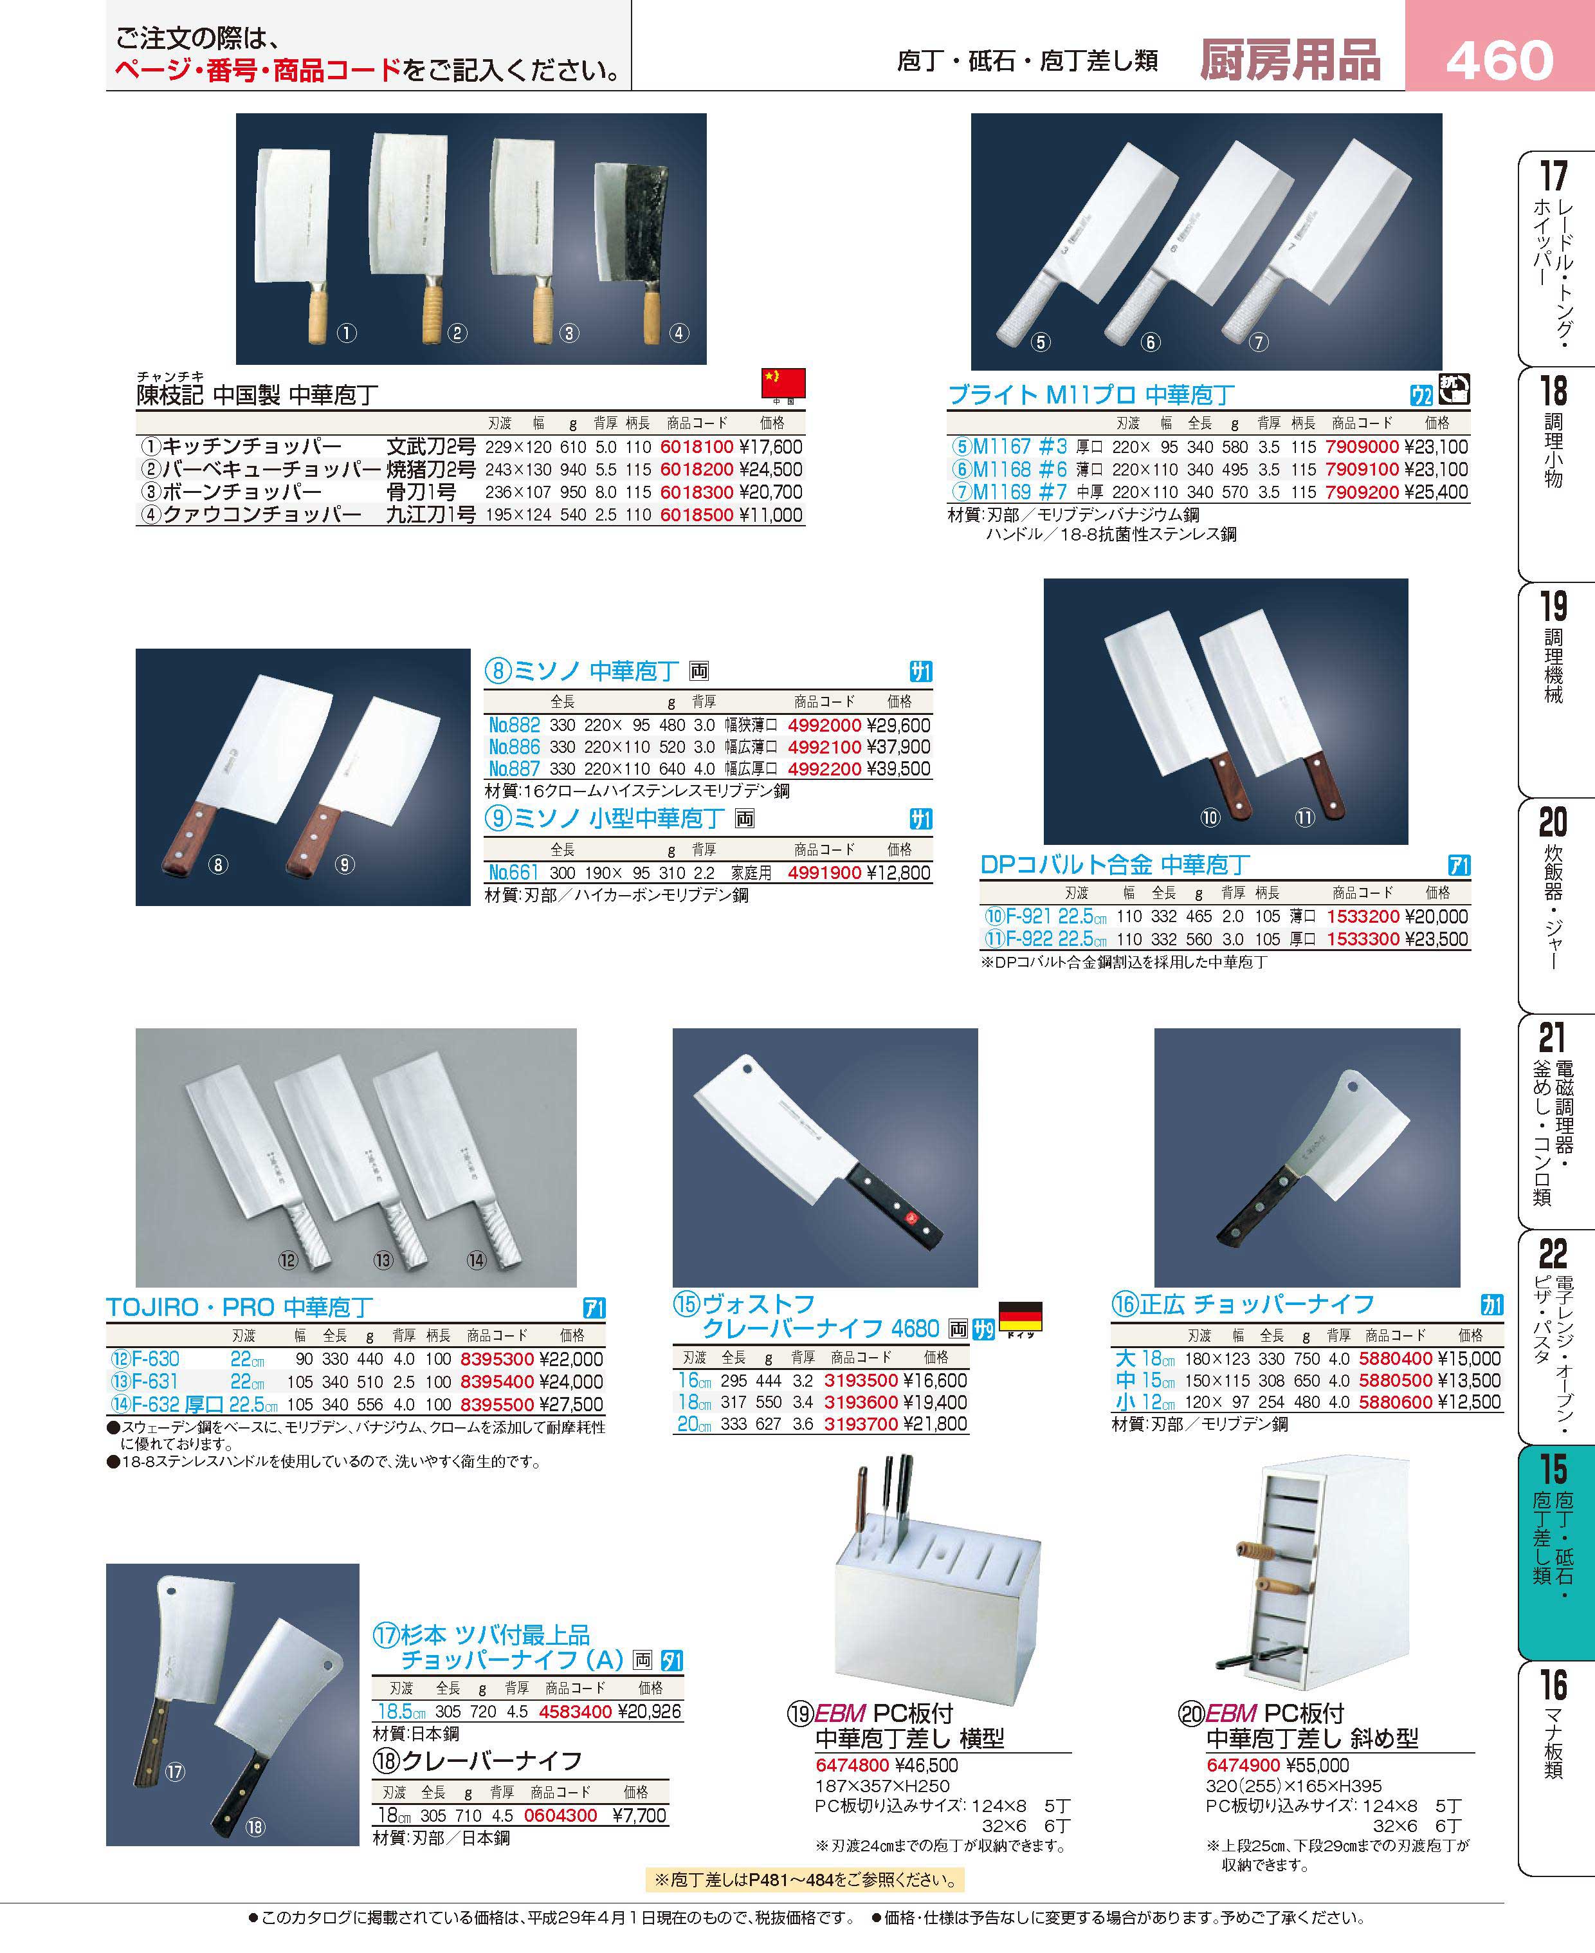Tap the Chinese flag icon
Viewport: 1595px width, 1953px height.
coord(783,382)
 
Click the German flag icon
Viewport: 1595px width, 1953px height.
coord(1020,1315)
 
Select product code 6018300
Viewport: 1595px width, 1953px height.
coord(697,492)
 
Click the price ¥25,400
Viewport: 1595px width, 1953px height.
coord(1437,492)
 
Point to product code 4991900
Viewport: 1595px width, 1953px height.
coord(824,872)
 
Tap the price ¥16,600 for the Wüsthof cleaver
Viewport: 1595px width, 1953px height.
coord(935,1380)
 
